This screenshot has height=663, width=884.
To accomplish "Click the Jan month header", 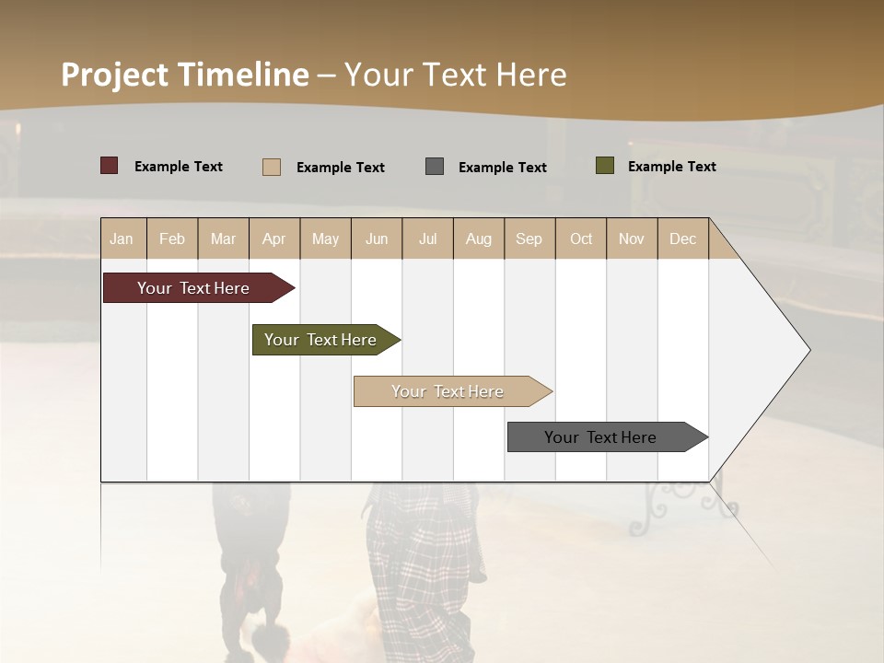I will [x=122, y=239].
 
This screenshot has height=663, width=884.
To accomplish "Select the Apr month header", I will [x=274, y=239].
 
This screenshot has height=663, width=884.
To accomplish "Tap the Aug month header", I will [x=479, y=239].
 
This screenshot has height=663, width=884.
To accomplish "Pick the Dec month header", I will [x=683, y=239].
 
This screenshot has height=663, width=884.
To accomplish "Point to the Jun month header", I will [x=377, y=239].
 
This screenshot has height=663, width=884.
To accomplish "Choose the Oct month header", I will [x=581, y=239].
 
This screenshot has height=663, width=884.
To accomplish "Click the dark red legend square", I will [x=110, y=166].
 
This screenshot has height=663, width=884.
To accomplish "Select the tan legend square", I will [x=272, y=167].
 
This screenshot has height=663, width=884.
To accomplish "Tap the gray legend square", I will [x=435, y=167].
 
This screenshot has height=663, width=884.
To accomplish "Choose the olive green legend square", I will [x=605, y=166].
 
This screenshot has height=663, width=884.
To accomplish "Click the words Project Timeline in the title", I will [x=185, y=75].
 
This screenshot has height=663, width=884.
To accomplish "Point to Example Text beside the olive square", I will [x=672, y=167].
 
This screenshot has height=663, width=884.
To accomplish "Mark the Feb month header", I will [x=172, y=239].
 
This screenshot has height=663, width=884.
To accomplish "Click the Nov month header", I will [x=632, y=239].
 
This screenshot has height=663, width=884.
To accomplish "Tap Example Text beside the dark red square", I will [x=179, y=167].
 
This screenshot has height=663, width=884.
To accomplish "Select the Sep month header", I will [x=529, y=239].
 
